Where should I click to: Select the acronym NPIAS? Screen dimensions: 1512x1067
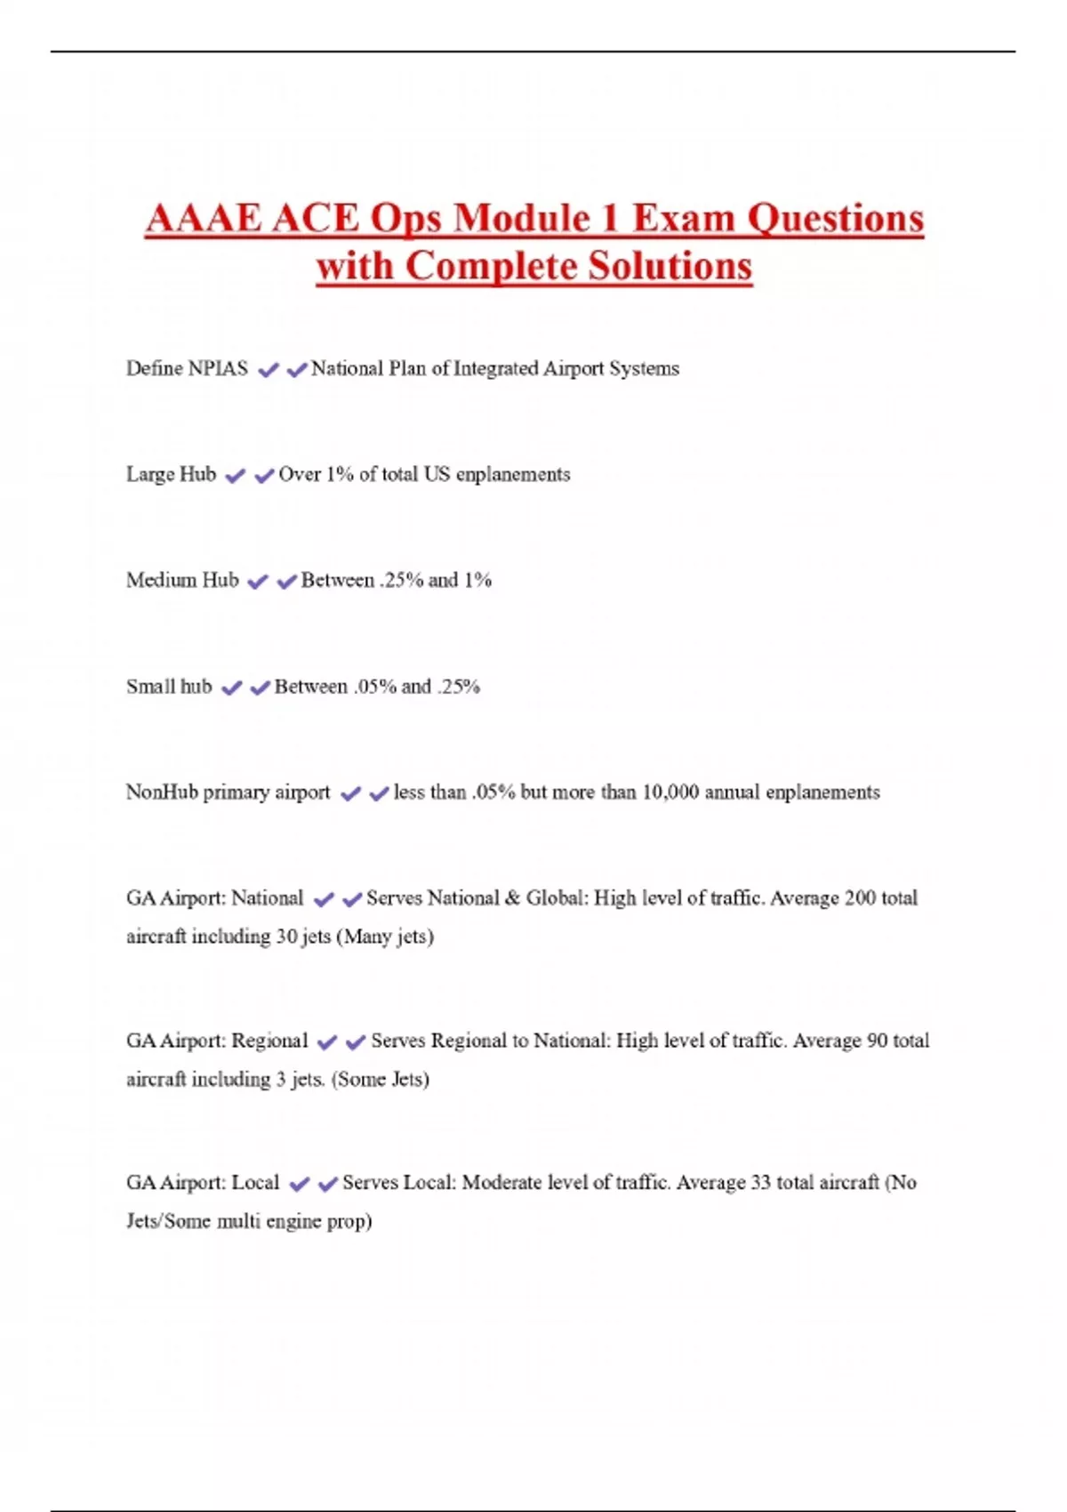218,368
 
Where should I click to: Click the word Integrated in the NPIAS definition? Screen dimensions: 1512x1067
495,368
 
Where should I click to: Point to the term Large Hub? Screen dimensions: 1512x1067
171,474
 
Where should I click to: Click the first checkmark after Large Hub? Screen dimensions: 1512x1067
235,476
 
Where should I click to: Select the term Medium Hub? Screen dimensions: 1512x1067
182,580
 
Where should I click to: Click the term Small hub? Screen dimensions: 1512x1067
169,687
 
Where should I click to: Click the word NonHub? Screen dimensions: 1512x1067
162,792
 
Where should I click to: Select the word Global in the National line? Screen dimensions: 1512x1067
556,898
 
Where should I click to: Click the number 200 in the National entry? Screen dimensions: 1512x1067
860,898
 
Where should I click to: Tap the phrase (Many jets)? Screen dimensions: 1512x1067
385,937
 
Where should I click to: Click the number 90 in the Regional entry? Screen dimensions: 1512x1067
877,1041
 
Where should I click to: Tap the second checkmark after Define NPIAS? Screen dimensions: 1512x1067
296,370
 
